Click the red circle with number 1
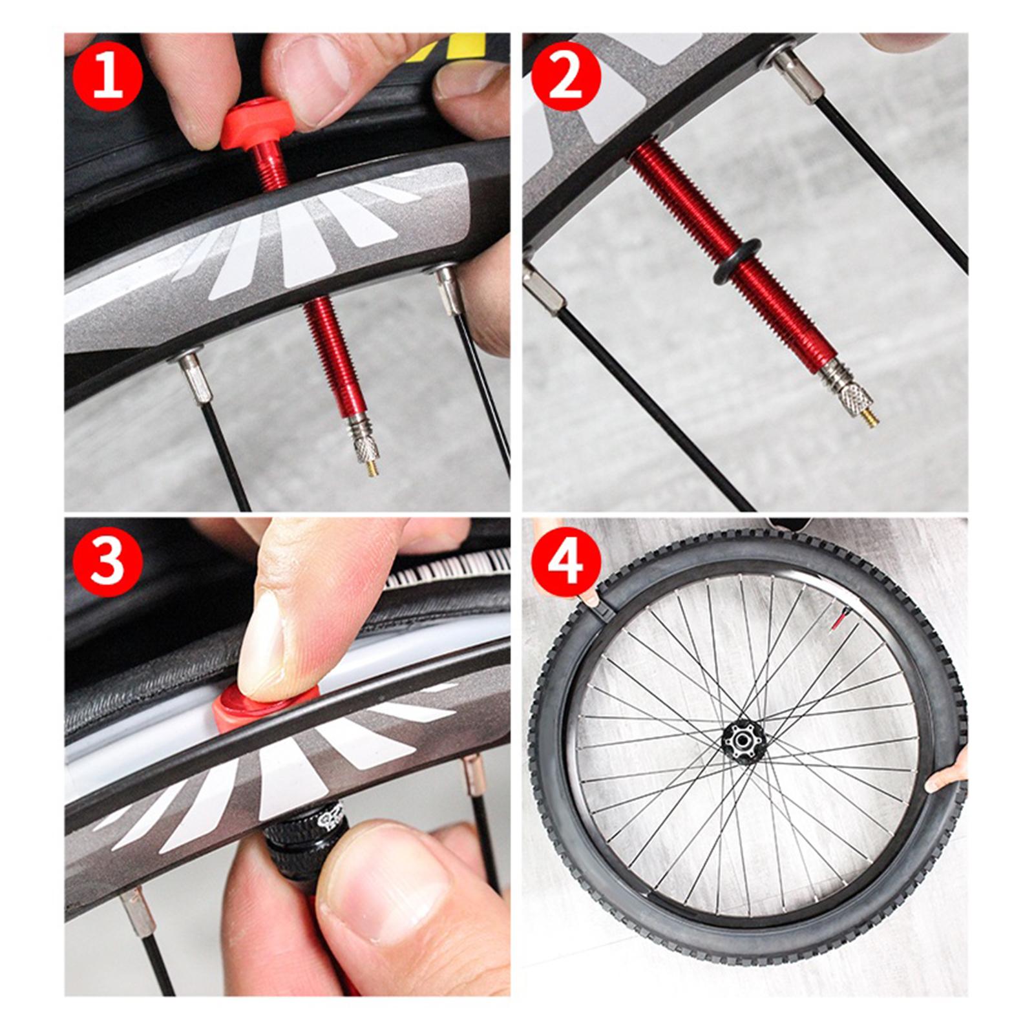click(108, 76)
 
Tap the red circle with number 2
click(566, 76)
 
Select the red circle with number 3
click(108, 560)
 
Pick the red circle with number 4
click(566, 560)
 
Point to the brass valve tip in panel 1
click(372, 467)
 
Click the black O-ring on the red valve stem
click(736, 262)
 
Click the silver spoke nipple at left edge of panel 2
click(543, 288)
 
